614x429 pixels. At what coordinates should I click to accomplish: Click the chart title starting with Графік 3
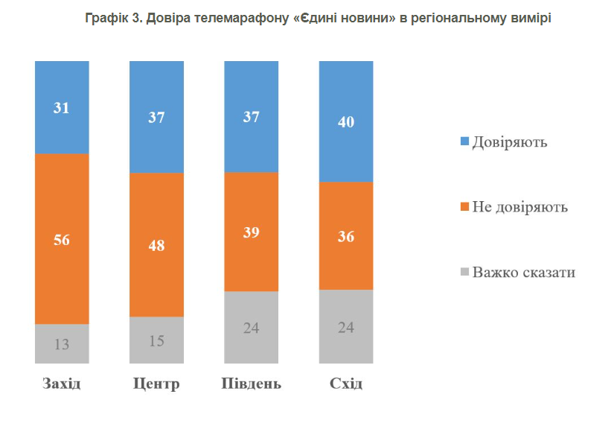[306, 19]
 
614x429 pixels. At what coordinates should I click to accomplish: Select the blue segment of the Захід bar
[62, 107]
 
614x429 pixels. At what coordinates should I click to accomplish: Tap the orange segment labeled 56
[62, 239]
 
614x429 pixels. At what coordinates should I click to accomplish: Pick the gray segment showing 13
[62, 344]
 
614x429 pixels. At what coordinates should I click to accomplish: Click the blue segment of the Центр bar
[156, 116]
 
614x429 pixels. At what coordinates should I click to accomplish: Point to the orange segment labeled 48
[156, 245]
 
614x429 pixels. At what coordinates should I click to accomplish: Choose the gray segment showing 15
[156, 340]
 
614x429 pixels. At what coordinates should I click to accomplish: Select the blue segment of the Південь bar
[251, 116]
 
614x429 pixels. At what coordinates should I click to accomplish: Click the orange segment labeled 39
[251, 232]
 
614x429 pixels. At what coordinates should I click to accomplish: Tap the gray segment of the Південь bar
[251, 328]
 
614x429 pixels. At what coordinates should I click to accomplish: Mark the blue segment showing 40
[346, 121]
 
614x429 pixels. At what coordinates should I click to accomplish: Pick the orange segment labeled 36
[346, 236]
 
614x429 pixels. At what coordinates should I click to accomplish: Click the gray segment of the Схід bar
[346, 327]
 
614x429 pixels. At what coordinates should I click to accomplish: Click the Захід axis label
[62, 384]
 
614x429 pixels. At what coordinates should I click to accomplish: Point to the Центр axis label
[156, 384]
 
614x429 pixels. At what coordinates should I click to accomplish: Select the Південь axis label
[252, 384]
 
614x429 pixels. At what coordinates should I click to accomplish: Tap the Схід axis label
[346, 384]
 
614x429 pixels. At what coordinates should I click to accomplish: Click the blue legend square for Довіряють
[464, 142]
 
